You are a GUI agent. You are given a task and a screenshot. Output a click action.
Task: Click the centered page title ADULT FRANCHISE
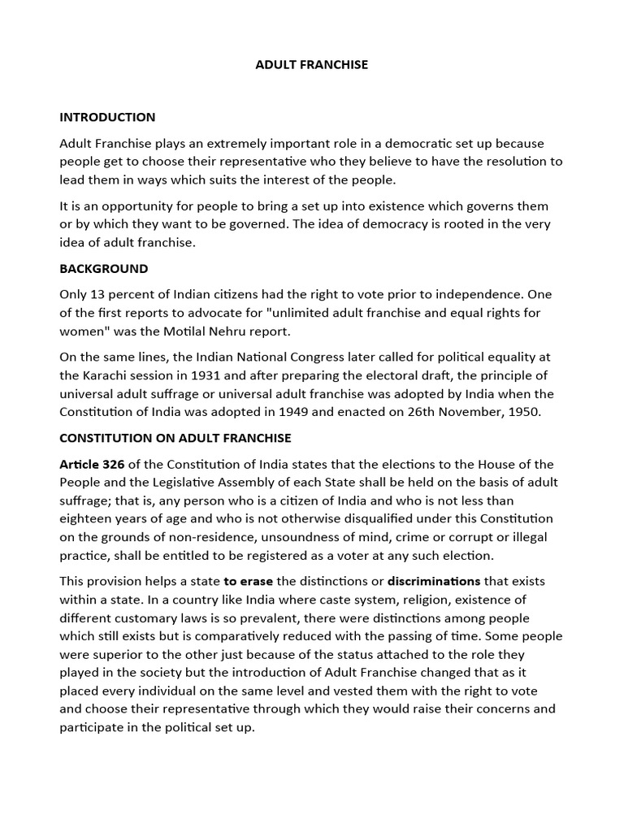point(312,64)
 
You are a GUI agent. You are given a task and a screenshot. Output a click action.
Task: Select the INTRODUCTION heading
point(107,117)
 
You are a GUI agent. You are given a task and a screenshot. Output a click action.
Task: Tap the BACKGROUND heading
point(104,268)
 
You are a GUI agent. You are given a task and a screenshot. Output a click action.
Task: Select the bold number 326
point(111,464)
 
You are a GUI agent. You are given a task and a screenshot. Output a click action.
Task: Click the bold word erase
point(258,581)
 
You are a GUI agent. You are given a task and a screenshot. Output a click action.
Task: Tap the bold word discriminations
point(434,581)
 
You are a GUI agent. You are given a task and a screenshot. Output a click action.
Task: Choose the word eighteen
point(88,518)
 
